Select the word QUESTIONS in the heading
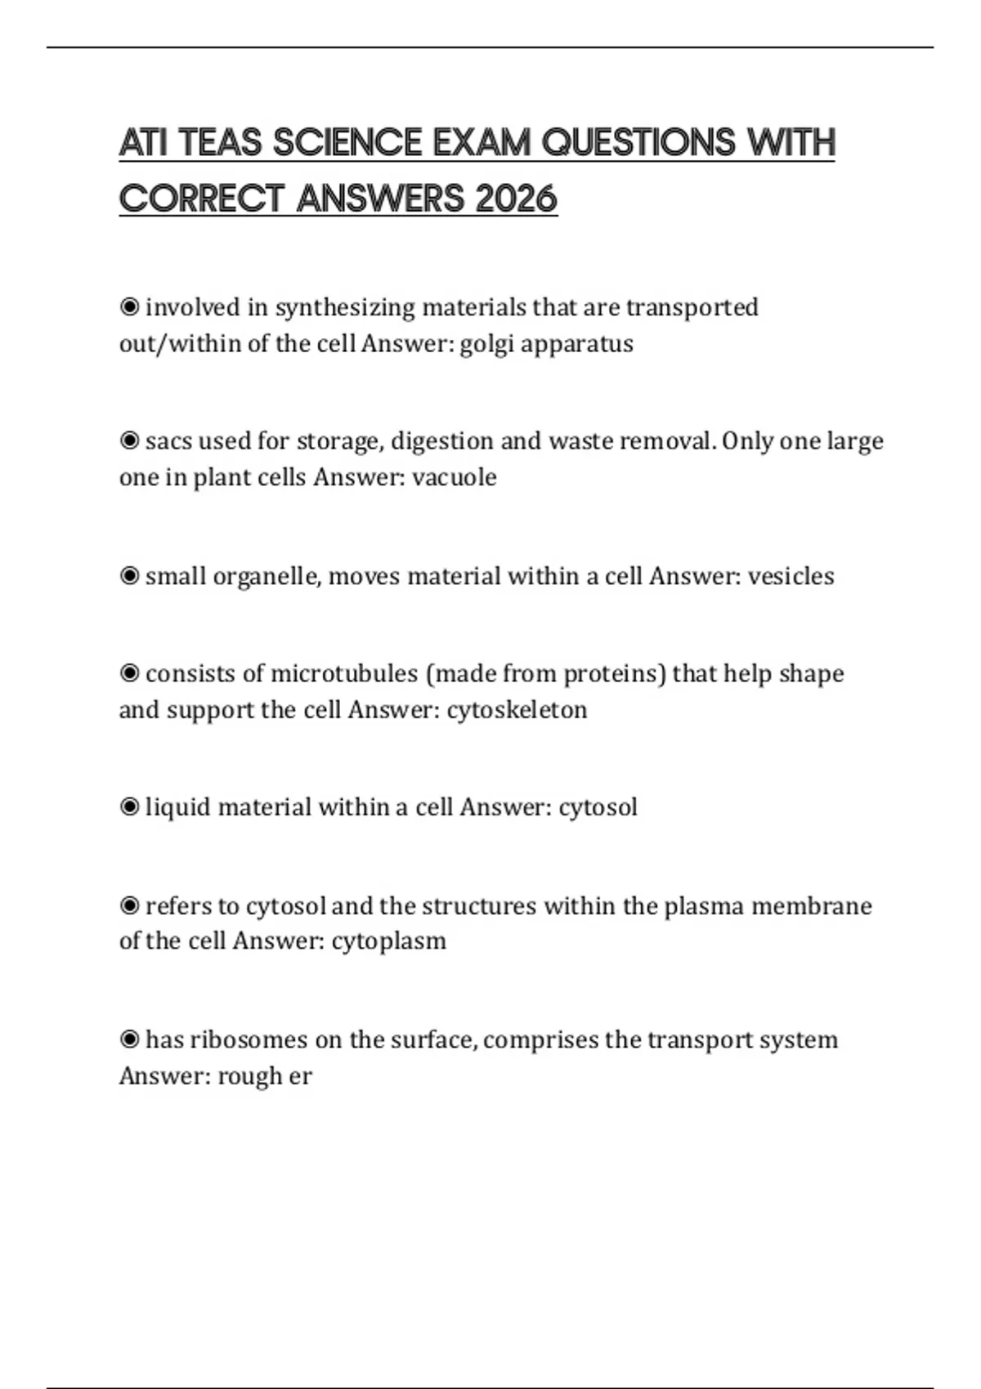(x=638, y=143)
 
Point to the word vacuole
(x=454, y=477)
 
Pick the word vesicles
(x=791, y=577)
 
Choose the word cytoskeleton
(x=517, y=710)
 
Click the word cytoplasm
(x=388, y=941)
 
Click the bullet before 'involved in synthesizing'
(x=129, y=307)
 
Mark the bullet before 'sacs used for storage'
(x=129, y=441)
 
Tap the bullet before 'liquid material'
(x=129, y=807)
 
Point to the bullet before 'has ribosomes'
(x=129, y=1040)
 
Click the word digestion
(x=441, y=442)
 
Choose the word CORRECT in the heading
(x=202, y=199)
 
